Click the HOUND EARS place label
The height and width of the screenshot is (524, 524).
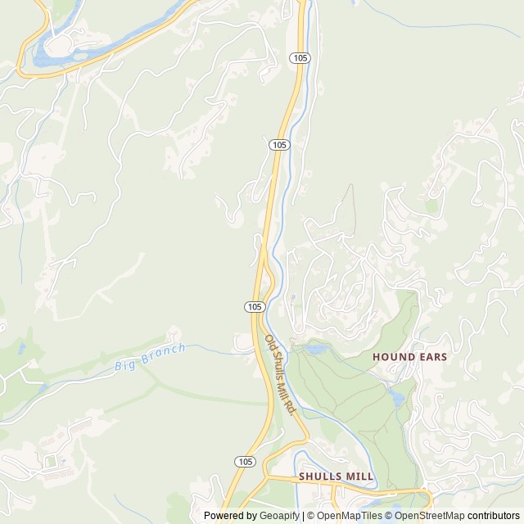point(409,357)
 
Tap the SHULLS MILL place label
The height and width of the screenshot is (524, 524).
point(336,476)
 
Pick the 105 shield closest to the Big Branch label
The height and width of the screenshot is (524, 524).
point(254,306)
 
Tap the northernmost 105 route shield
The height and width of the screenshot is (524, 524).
point(300,57)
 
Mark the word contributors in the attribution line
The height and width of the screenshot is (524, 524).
point(494,516)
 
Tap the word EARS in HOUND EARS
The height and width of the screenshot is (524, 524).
point(434,357)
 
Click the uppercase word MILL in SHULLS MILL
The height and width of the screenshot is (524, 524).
point(359,476)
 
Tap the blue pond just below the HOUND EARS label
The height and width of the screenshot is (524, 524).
point(397,397)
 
